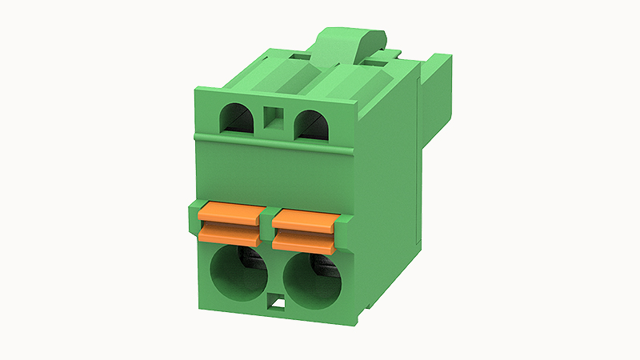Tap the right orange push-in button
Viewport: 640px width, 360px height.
click(x=304, y=226)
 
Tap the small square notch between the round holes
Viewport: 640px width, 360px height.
click(x=277, y=303)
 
